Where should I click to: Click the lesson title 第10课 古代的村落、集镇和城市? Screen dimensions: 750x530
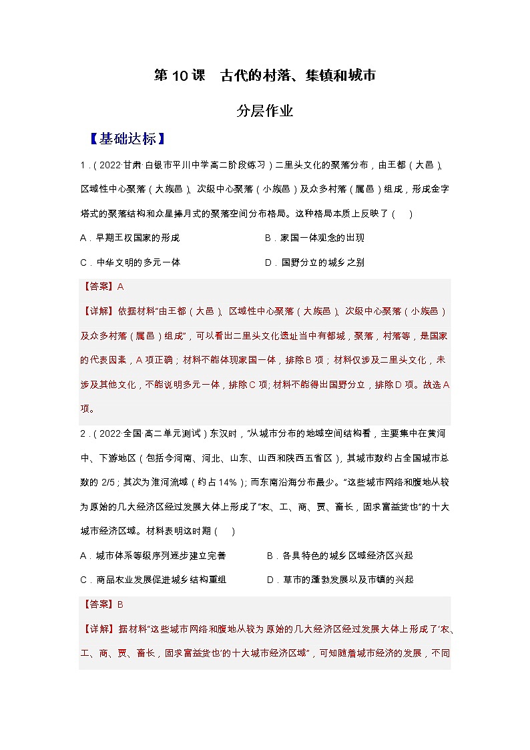pyautogui.click(x=265, y=75)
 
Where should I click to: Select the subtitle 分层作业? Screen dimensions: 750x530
pyautogui.click(x=265, y=111)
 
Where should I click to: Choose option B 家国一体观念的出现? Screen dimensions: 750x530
pyautogui.click(x=314, y=238)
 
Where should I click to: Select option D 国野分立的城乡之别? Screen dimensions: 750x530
pyautogui.click(x=314, y=262)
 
